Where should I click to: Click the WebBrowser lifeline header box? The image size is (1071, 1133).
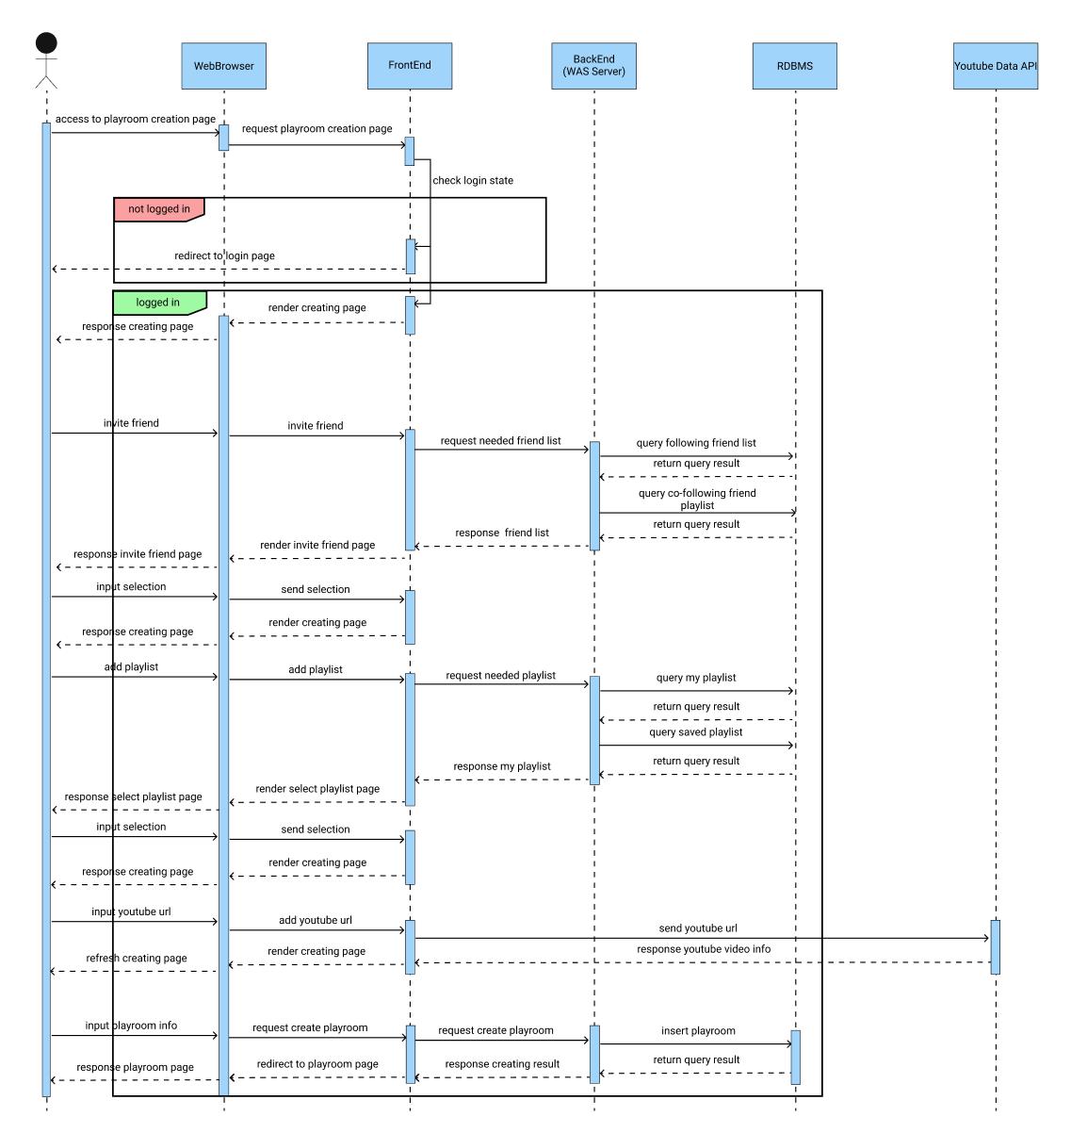(x=223, y=66)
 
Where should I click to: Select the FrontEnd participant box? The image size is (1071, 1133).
(x=410, y=66)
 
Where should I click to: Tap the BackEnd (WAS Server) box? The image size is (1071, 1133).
(x=593, y=66)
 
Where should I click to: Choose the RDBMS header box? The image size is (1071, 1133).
(x=795, y=66)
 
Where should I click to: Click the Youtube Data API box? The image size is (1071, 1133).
(x=995, y=66)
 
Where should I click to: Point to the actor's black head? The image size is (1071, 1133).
(x=46, y=43)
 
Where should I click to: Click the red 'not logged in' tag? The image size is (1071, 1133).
(x=158, y=209)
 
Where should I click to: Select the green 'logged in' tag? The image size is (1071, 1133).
(x=157, y=303)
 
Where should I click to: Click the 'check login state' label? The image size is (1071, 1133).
(x=473, y=180)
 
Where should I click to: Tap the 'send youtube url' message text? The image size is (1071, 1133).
(x=698, y=928)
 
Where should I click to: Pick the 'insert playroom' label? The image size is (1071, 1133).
(x=698, y=1031)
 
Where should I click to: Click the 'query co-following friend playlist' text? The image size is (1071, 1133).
(x=697, y=499)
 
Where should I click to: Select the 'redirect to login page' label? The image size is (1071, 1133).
(x=224, y=255)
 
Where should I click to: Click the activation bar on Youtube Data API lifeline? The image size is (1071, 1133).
(x=995, y=946)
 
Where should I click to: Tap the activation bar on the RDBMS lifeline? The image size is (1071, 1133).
(x=795, y=1057)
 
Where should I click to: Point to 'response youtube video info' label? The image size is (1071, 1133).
(x=704, y=949)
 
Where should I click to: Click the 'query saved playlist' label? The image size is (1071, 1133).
(x=695, y=732)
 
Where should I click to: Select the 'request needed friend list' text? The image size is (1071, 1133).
(x=500, y=440)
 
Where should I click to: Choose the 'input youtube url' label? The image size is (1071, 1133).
(x=131, y=911)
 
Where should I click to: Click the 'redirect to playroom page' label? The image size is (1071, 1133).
(x=317, y=1064)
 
